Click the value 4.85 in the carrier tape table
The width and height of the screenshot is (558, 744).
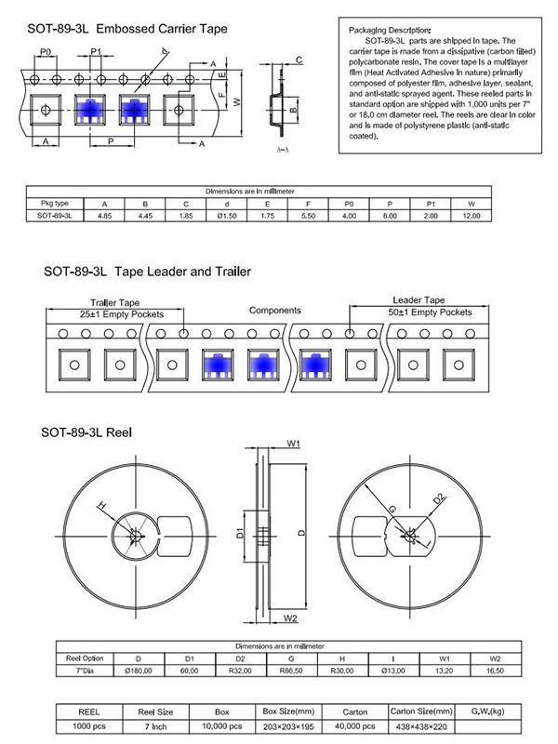[104, 215]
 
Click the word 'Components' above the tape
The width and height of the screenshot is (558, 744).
[274, 310]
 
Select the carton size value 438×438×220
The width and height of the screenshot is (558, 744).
[423, 725]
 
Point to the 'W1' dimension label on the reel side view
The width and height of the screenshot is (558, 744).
[292, 444]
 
